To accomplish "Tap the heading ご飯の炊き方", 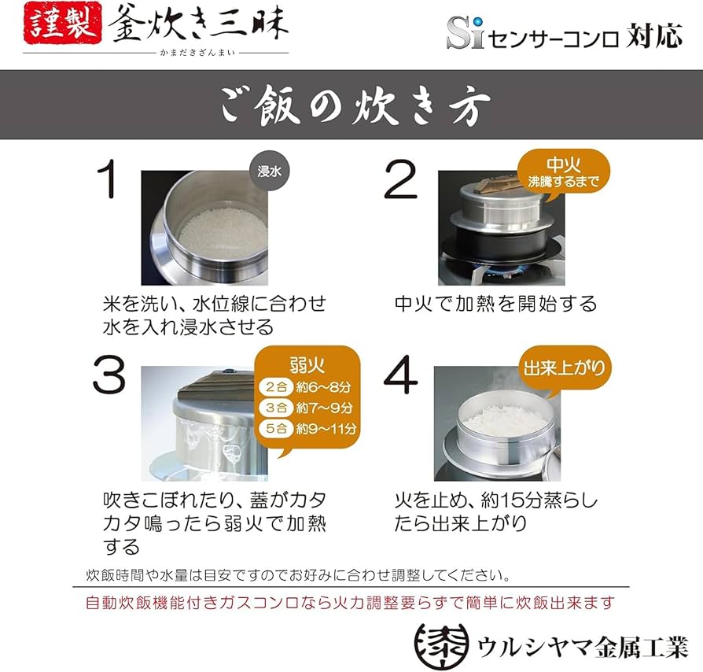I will click(x=351, y=105).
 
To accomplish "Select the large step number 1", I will click(x=111, y=182).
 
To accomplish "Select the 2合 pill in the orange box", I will click(x=274, y=387).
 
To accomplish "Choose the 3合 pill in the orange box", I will click(x=274, y=408).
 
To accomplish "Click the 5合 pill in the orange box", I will click(x=274, y=429).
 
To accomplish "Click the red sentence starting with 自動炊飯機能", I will click(x=350, y=603).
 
